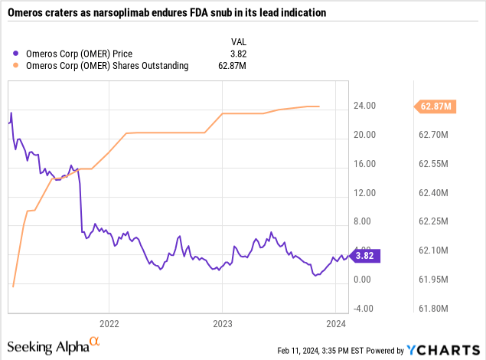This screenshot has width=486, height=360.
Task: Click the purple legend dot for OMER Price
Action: tap(17, 53)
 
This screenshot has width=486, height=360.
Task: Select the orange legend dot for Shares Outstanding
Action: tap(17, 65)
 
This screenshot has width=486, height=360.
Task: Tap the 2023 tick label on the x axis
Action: tap(222, 322)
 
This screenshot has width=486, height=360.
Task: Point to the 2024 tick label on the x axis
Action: tap(335, 322)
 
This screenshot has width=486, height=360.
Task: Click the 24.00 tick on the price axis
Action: tap(364, 106)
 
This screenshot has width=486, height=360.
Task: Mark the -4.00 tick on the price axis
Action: tap(364, 309)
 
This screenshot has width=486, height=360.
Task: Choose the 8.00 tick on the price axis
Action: tap(364, 222)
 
